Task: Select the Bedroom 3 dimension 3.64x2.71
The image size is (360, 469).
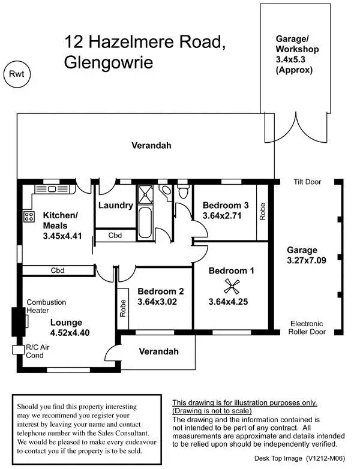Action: click(x=222, y=215)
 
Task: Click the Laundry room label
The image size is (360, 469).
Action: click(x=115, y=205)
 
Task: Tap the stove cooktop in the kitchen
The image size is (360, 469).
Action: click(x=28, y=217)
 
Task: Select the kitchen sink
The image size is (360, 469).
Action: click(x=52, y=189)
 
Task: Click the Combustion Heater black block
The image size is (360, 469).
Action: click(x=17, y=321)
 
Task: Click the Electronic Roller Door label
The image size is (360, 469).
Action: click(x=307, y=326)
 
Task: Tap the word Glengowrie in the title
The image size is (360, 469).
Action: click(x=107, y=63)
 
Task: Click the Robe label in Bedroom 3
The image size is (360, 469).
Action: click(x=262, y=212)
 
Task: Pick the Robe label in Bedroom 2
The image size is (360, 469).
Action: click(x=123, y=308)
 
